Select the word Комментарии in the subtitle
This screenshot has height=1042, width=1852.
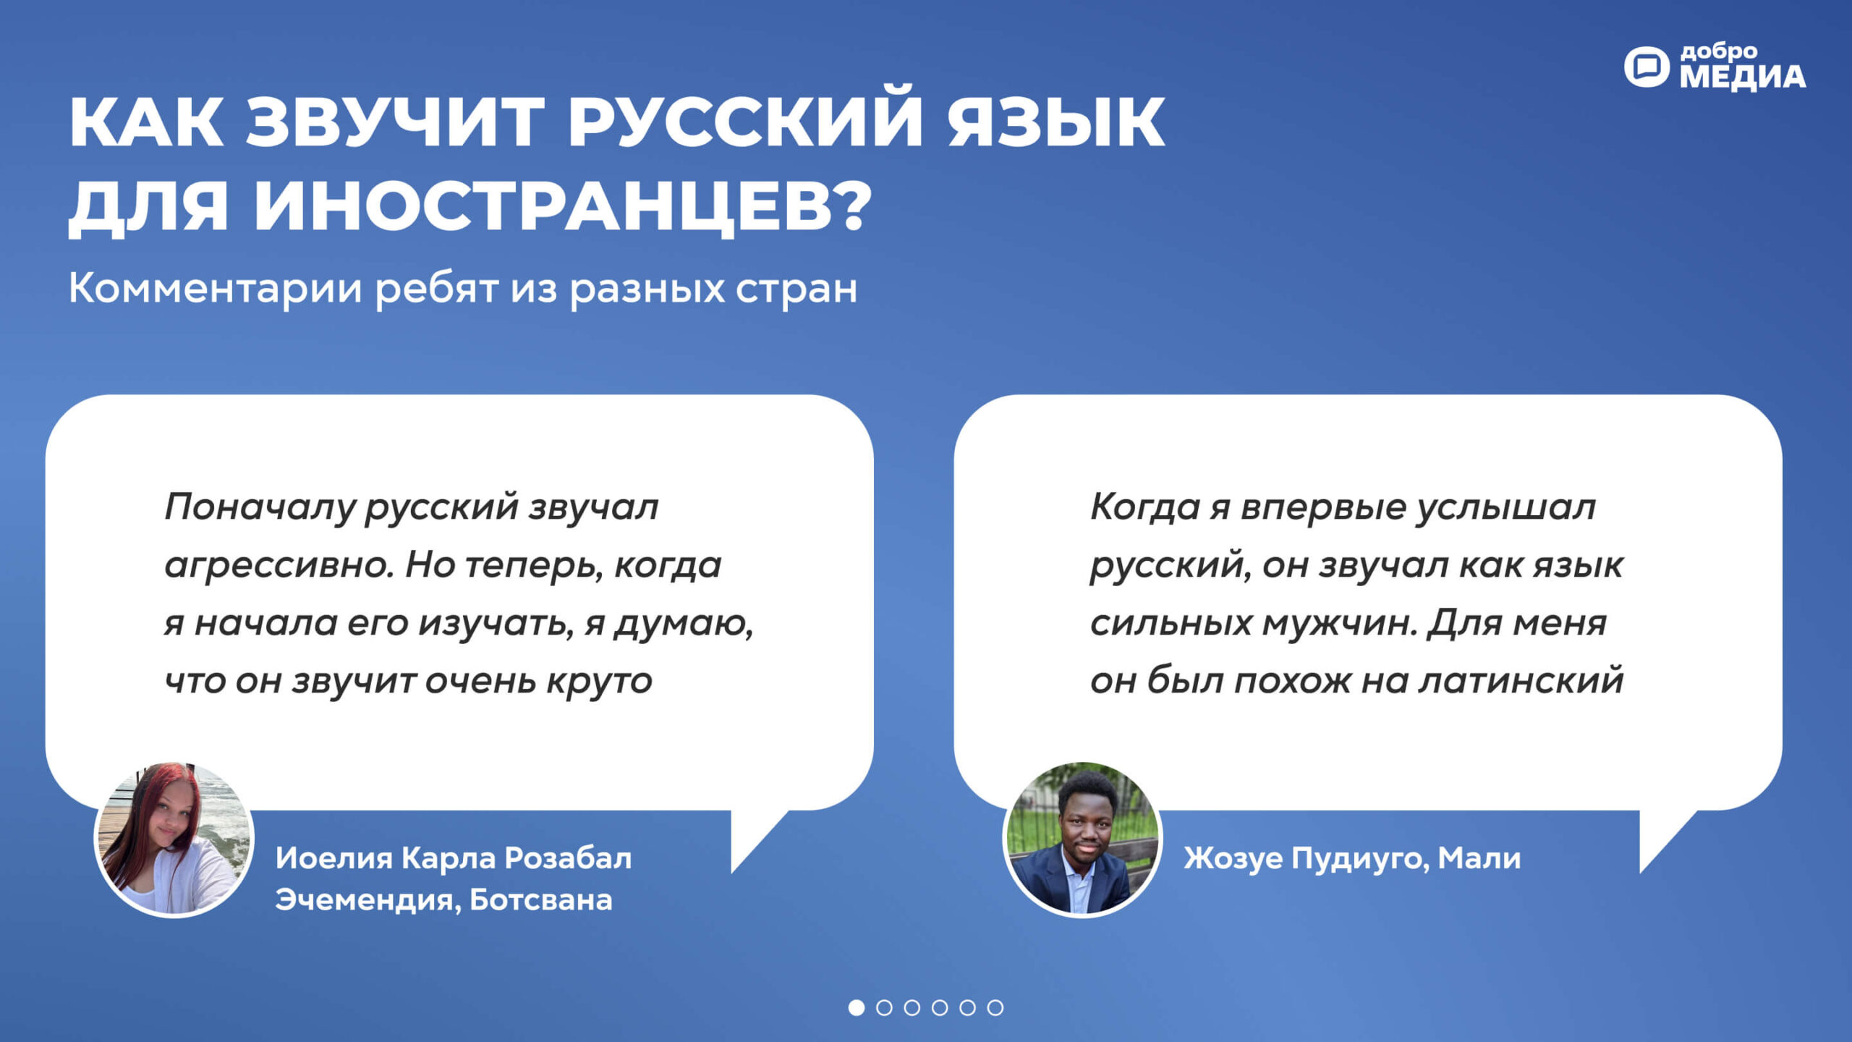[x=215, y=289]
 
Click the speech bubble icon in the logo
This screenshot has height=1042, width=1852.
[x=1647, y=67]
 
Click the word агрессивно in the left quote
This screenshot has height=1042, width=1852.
[x=280, y=566]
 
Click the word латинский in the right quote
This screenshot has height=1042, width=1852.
[x=1521, y=680]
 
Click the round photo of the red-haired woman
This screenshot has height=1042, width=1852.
[x=174, y=839]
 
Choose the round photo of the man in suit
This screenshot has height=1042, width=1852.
[x=1082, y=839]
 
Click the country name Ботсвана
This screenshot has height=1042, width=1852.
[x=541, y=900]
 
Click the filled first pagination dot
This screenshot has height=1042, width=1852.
[x=857, y=1007]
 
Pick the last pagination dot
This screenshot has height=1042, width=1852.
[x=995, y=1007]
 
